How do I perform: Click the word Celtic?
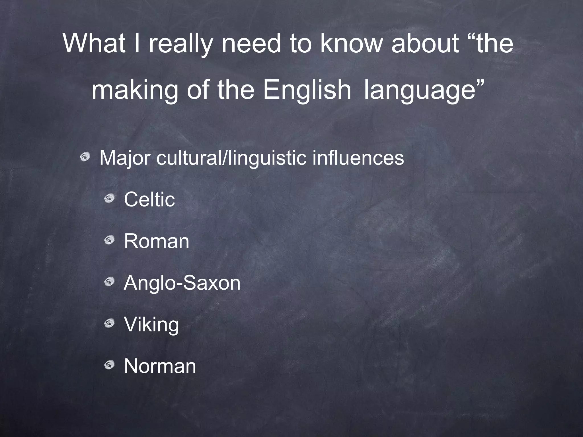[x=149, y=199]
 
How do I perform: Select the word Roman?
[x=157, y=241]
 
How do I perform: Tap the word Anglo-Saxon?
[x=182, y=283]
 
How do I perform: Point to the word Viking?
[x=151, y=325]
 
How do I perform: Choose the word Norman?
[x=160, y=366]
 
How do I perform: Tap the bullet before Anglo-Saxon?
[x=109, y=282]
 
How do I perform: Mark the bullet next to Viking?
[x=109, y=323]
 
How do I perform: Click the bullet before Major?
[x=85, y=156]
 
